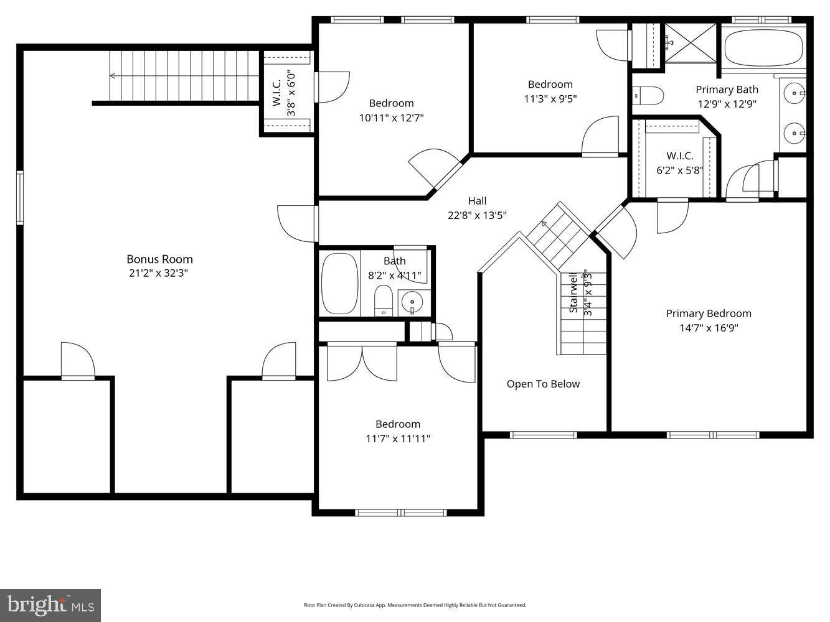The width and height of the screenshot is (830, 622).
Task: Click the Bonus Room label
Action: (x=159, y=259)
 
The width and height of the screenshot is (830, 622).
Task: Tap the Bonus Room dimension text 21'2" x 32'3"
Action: (x=159, y=273)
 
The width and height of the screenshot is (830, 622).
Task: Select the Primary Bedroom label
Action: (x=709, y=313)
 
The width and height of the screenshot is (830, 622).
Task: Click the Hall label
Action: (x=477, y=200)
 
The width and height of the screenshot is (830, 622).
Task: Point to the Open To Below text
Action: (x=543, y=384)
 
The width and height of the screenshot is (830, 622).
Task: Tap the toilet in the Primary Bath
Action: (x=648, y=96)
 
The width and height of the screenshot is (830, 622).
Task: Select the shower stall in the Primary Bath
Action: (x=689, y=42)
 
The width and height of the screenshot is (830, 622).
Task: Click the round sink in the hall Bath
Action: (x=412, y=303)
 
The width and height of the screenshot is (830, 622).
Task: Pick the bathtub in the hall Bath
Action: (x=339, y=284)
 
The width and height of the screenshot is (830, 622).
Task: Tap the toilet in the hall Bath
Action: (x=383, y=302)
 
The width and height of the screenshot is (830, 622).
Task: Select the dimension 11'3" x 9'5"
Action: (x=550, y=98)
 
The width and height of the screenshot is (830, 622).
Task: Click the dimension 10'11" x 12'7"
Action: (x=391, y=117)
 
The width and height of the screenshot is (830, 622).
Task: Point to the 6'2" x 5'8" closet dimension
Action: (x=679, y=170)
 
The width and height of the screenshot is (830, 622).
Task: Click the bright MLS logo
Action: (x=50, y=605)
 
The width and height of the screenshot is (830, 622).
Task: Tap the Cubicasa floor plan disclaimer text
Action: (x=415, y=605)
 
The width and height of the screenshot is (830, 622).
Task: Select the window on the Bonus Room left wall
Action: (x=20, y=198)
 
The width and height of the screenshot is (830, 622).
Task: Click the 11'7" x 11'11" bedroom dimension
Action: (x=397, y=439)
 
